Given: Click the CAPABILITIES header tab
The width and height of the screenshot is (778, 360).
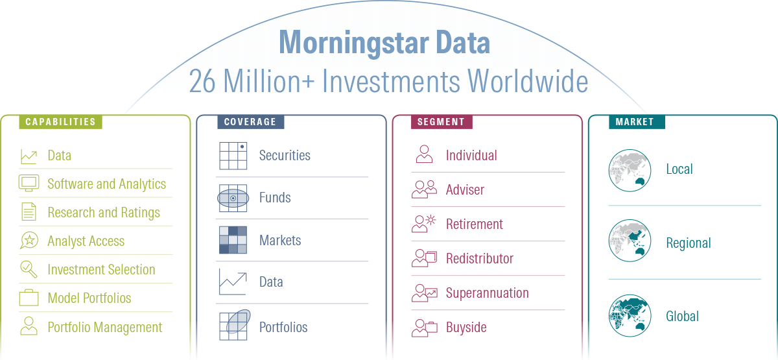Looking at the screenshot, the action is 60,122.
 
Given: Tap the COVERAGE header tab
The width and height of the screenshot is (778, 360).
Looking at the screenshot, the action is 250,122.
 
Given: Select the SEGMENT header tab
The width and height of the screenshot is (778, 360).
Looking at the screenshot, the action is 442,122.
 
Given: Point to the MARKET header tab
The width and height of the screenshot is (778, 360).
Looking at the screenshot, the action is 637,122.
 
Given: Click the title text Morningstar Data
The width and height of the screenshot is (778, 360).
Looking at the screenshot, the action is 384,42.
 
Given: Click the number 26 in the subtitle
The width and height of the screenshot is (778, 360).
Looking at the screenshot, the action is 202,81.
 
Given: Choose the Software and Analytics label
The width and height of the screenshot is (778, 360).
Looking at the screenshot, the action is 106,184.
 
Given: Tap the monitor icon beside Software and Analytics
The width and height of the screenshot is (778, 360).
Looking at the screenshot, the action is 29,183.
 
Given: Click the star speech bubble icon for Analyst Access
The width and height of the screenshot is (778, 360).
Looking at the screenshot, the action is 29,241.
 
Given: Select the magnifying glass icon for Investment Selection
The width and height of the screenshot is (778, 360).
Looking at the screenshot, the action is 29,269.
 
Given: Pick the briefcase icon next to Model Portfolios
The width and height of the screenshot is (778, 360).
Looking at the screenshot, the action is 29,298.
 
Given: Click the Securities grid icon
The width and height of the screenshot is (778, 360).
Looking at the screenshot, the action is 233,156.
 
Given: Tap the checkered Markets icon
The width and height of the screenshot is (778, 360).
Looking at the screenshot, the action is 233,240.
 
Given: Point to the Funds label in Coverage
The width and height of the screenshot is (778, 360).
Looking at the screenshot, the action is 275,198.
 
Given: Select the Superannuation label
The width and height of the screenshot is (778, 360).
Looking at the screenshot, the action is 488,293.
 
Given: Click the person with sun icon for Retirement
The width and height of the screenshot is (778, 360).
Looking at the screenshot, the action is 424,223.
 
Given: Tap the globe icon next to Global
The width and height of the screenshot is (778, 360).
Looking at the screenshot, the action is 630,315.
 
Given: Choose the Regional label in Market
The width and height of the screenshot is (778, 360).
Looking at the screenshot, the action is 689,243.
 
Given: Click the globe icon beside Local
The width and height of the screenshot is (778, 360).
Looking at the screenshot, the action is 630,170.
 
